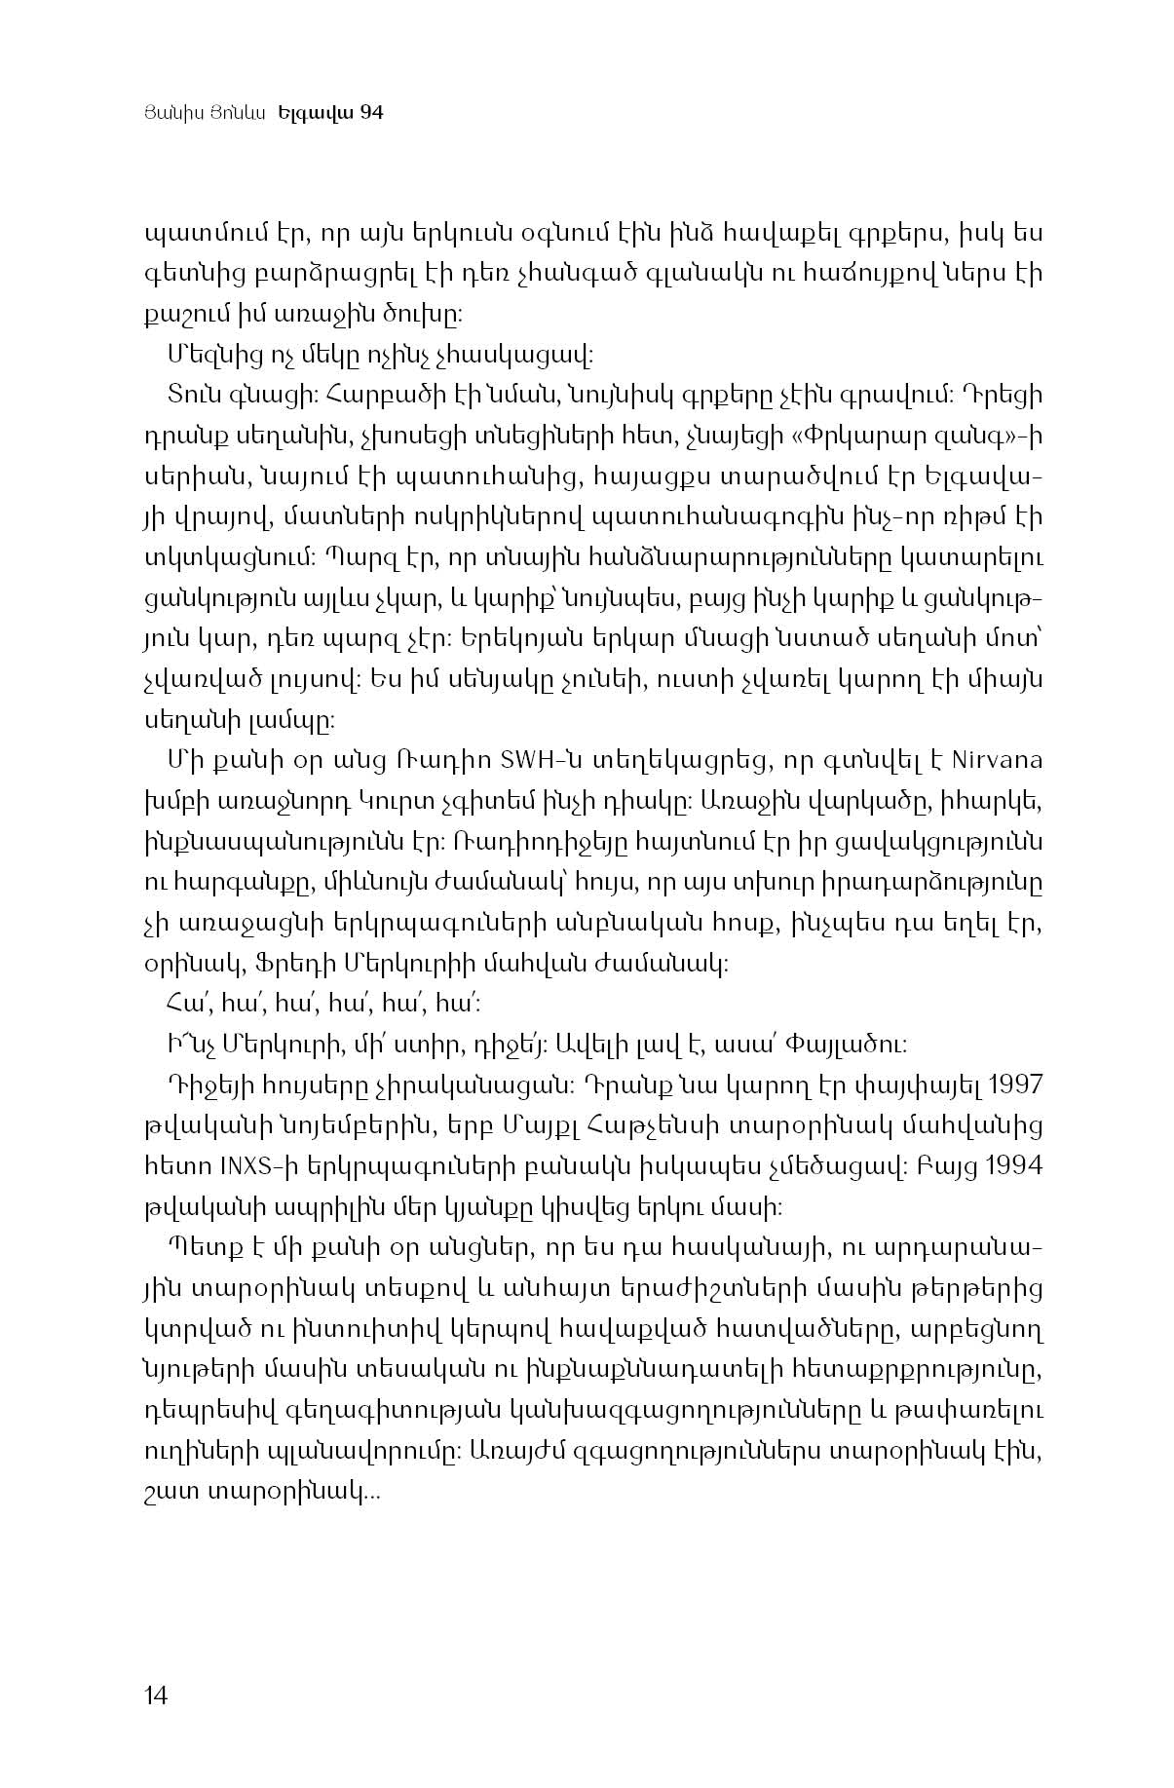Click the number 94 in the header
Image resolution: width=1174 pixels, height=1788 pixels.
pyautogui.click(x=371, y=113)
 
